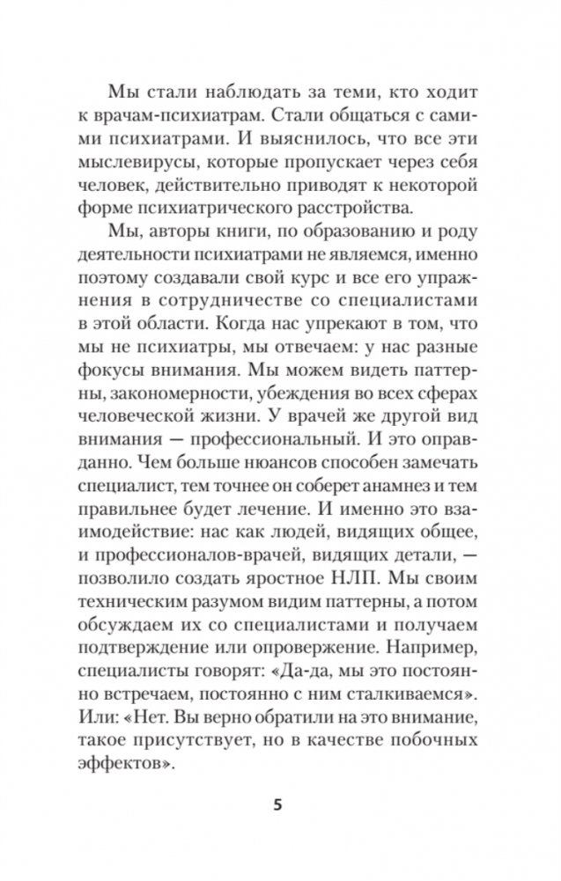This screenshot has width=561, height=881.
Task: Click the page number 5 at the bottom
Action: tap(281, 807)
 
